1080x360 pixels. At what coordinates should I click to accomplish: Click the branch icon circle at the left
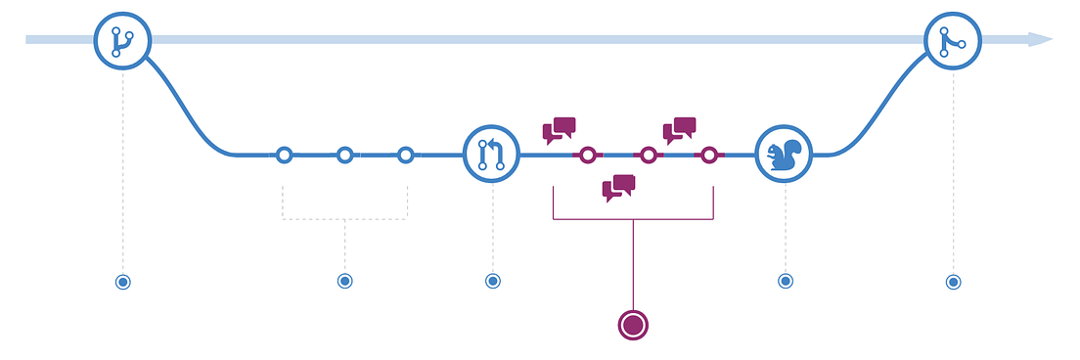tap(122, 40)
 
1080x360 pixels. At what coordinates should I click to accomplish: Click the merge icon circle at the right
tap(953, 40)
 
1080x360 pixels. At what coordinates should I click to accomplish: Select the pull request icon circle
tap(491, 155)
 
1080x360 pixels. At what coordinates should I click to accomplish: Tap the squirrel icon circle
tap(785, 155)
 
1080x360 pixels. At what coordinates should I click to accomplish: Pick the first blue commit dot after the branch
tap(284, 155)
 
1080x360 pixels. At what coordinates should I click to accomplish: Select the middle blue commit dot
tap(344, 155)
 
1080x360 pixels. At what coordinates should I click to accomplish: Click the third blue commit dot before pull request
tap(406, 155)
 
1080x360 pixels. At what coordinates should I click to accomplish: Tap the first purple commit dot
tap(587, 155)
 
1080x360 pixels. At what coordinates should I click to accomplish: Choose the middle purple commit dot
tap(648, 155)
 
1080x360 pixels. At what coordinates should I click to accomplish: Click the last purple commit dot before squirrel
tap(709, 155)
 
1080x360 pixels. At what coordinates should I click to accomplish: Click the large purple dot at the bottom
tap(633, 324)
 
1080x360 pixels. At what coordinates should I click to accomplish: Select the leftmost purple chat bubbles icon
tap(560, 131)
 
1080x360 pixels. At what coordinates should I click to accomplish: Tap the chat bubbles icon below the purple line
tap(618, 188)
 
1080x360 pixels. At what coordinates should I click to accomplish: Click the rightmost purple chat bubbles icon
tap(680, 131)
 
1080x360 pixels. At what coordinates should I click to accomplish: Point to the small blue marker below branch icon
tap(122, 282)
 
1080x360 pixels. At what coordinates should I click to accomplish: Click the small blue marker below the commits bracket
tap(344, 281)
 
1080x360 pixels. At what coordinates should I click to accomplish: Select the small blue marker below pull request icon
tap(492, 281)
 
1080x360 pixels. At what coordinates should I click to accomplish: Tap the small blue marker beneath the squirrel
tap(785, 281)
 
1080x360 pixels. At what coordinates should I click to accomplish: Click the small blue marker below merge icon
tap(953, 282)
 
